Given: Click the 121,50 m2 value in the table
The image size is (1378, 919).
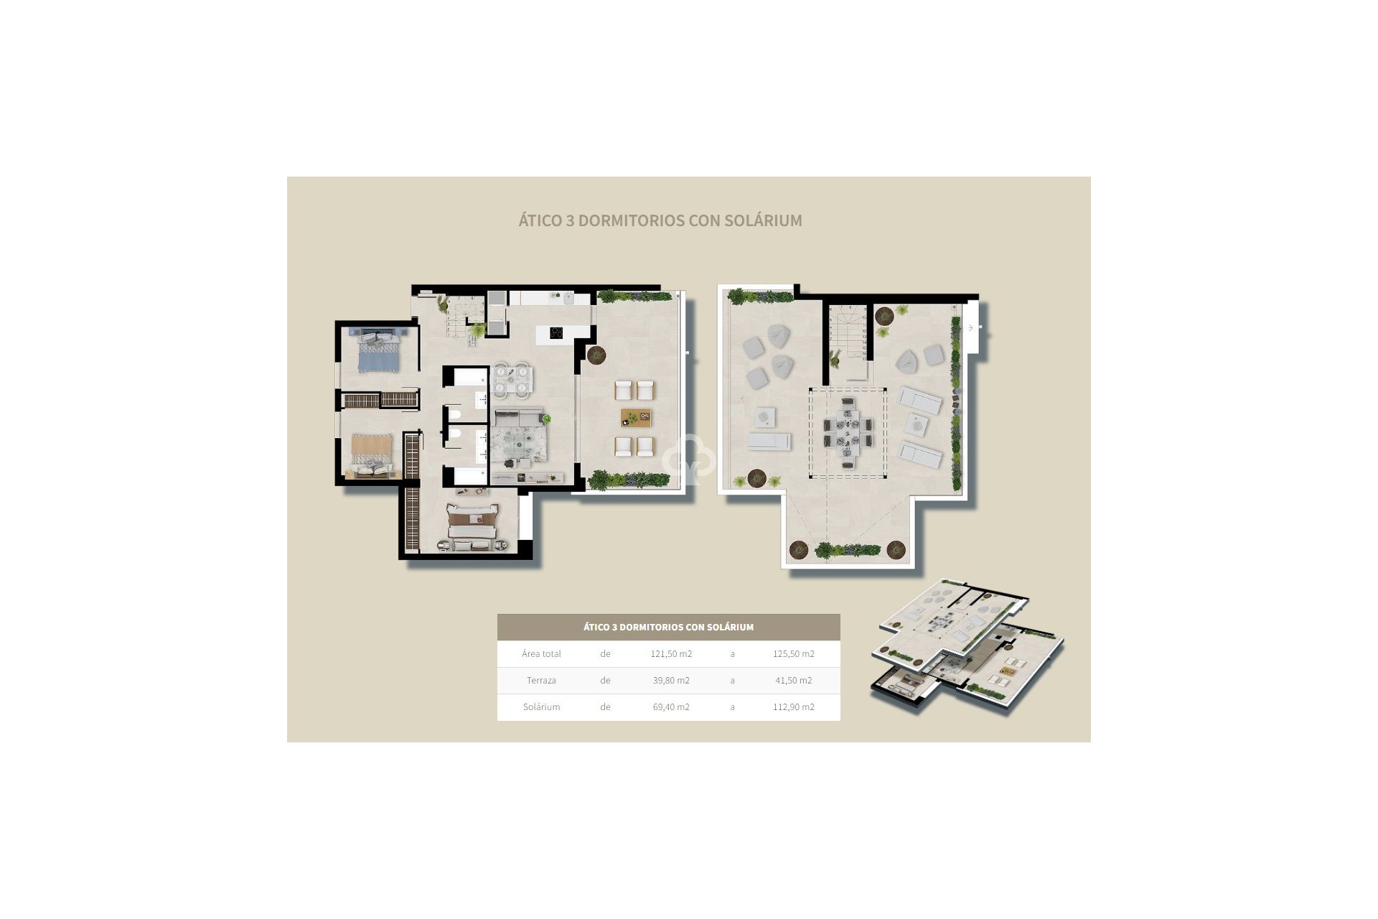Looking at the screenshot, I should tap(671, 654).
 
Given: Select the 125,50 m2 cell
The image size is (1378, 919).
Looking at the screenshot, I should tap(793, 654).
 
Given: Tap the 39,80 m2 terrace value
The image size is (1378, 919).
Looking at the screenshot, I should tap(671, 681).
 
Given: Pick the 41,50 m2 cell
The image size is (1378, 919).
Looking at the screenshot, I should tap(793, 681).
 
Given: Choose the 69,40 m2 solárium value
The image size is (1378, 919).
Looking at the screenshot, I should tap(671, 707).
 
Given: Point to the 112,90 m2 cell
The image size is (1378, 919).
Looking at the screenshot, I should tap(793, 707).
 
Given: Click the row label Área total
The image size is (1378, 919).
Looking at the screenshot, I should tap(541, 654).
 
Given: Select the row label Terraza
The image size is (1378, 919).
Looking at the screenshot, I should tap(541, 681).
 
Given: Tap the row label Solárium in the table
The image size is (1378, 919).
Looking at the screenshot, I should tap(541, 707).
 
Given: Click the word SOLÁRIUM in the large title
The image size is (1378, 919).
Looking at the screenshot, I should tap(763, 220).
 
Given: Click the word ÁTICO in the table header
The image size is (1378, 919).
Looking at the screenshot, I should tap(596, 627).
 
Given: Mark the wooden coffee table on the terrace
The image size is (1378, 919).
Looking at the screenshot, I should tap(636, 417).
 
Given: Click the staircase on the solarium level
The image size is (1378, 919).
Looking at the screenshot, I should tap(847, 341).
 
